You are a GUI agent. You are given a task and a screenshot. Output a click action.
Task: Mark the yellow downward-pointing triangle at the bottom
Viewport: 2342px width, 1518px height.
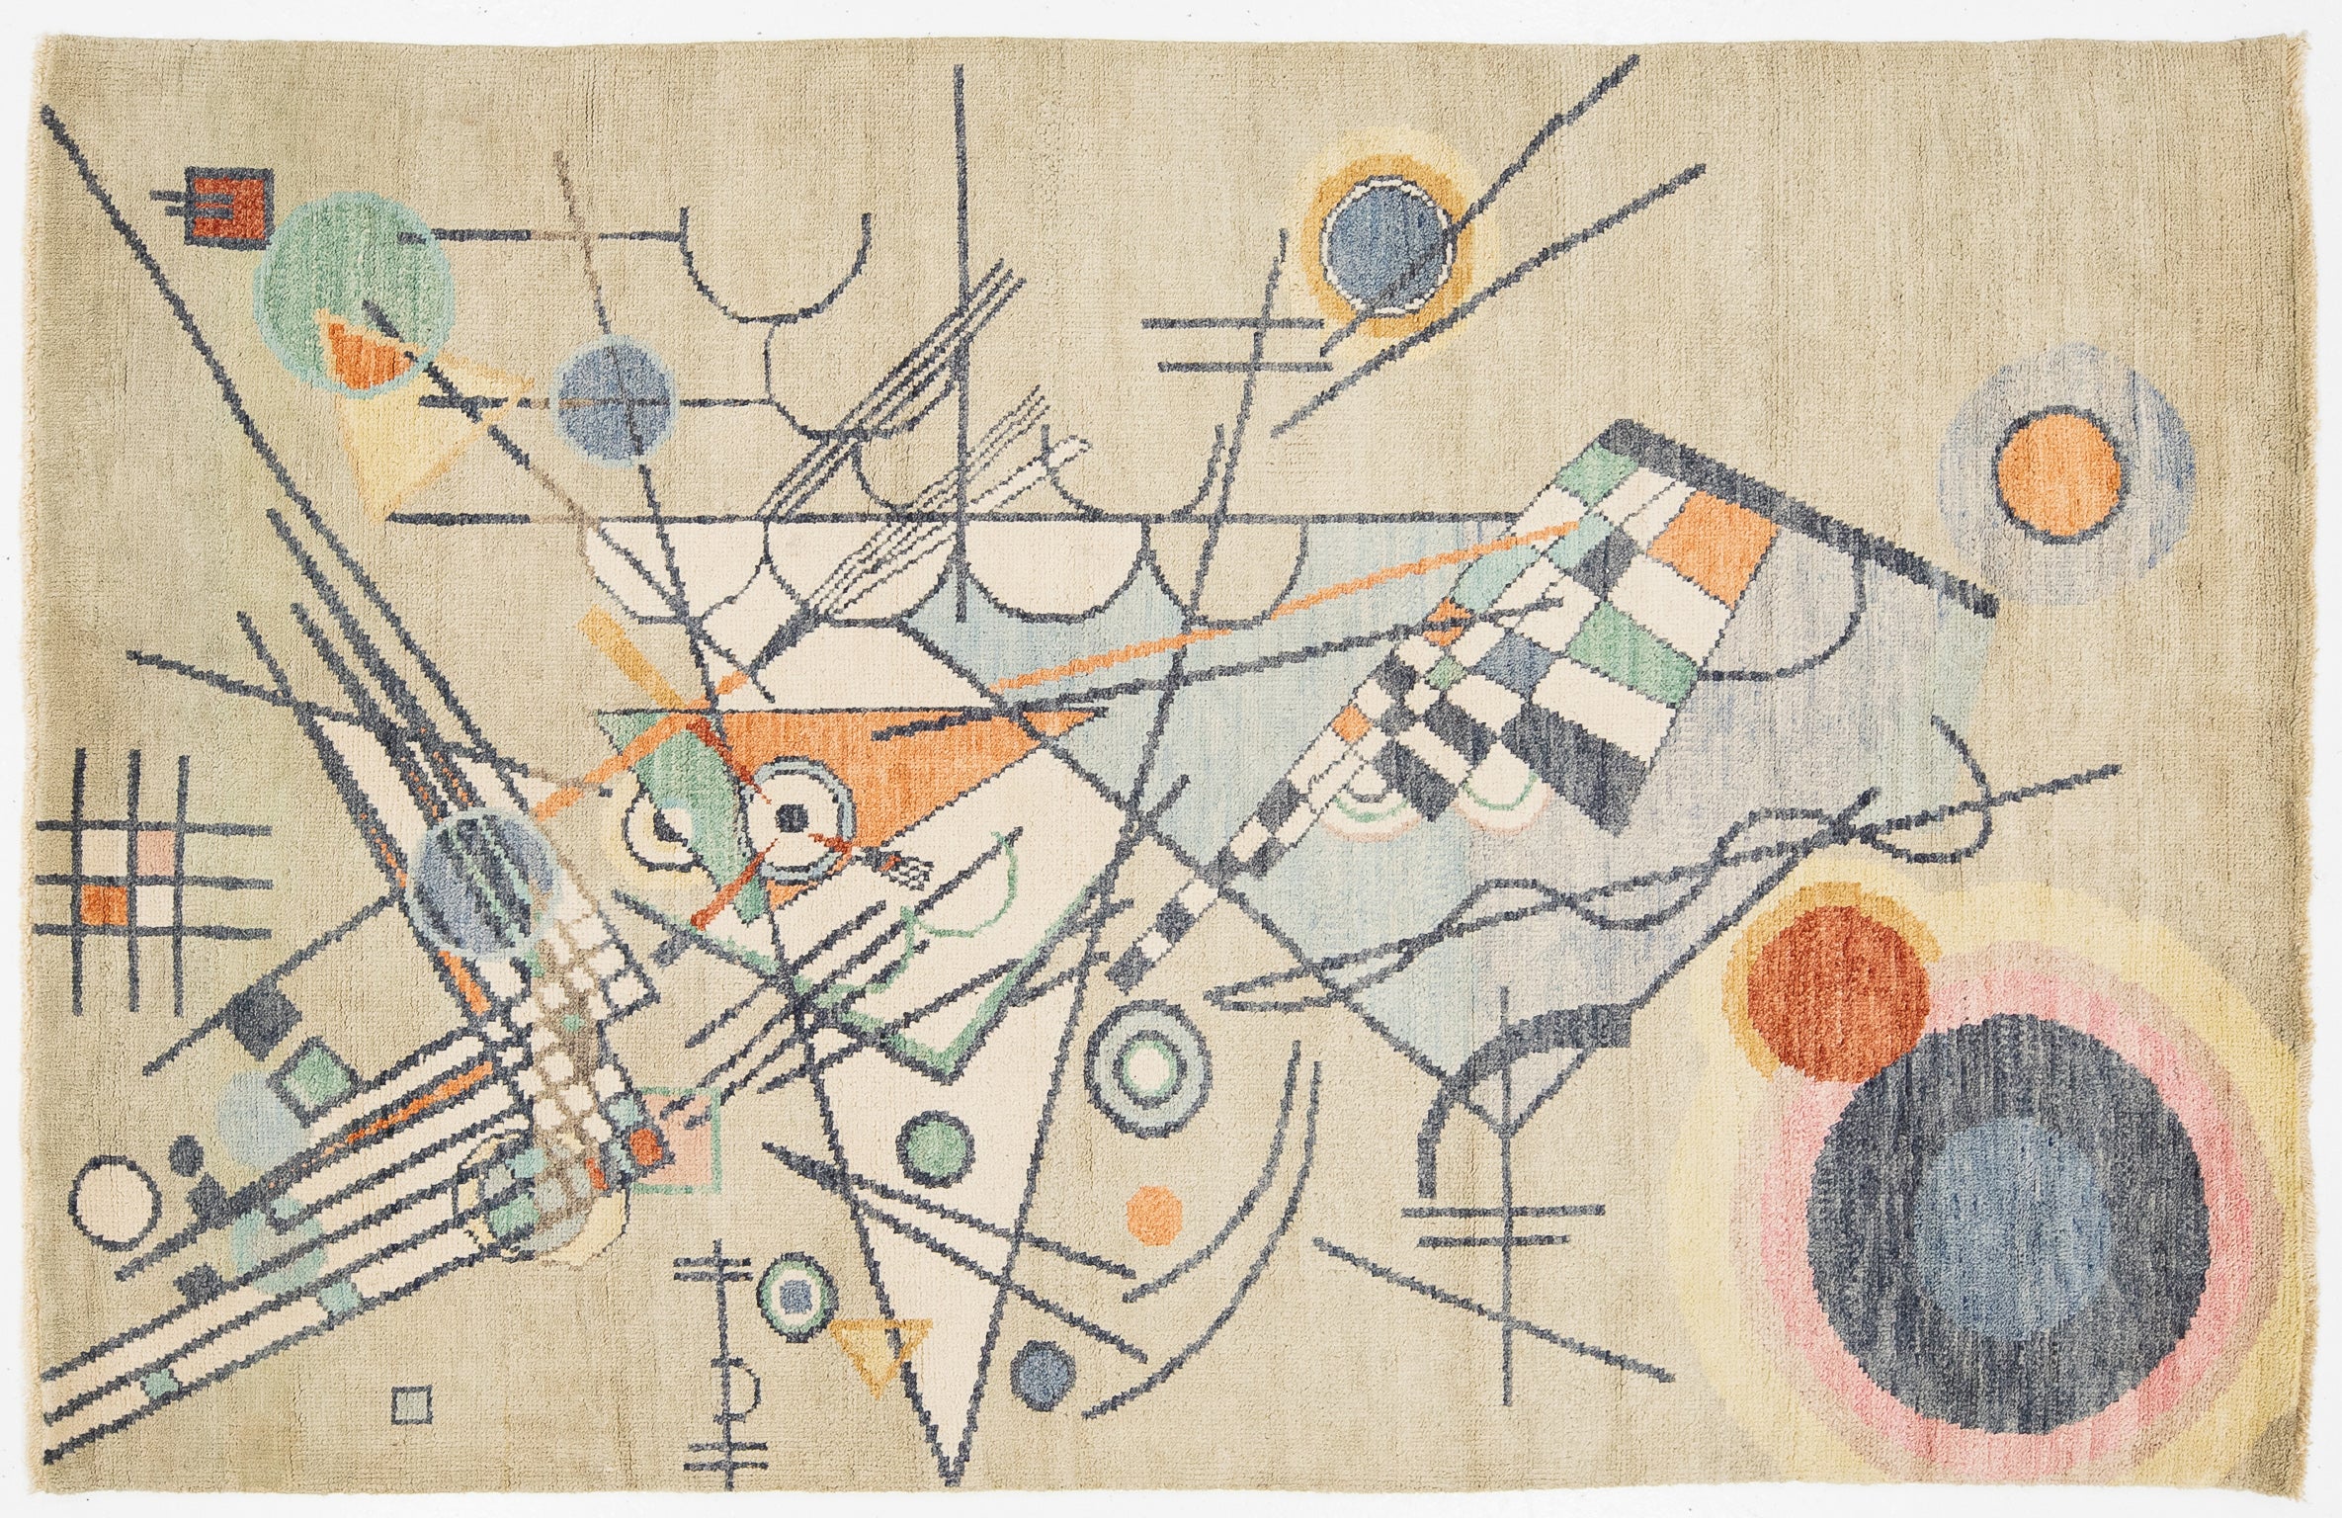[x=880, y=1349]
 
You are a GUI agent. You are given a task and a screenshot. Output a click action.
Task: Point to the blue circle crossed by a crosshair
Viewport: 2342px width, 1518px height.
[x=614, y=406]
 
